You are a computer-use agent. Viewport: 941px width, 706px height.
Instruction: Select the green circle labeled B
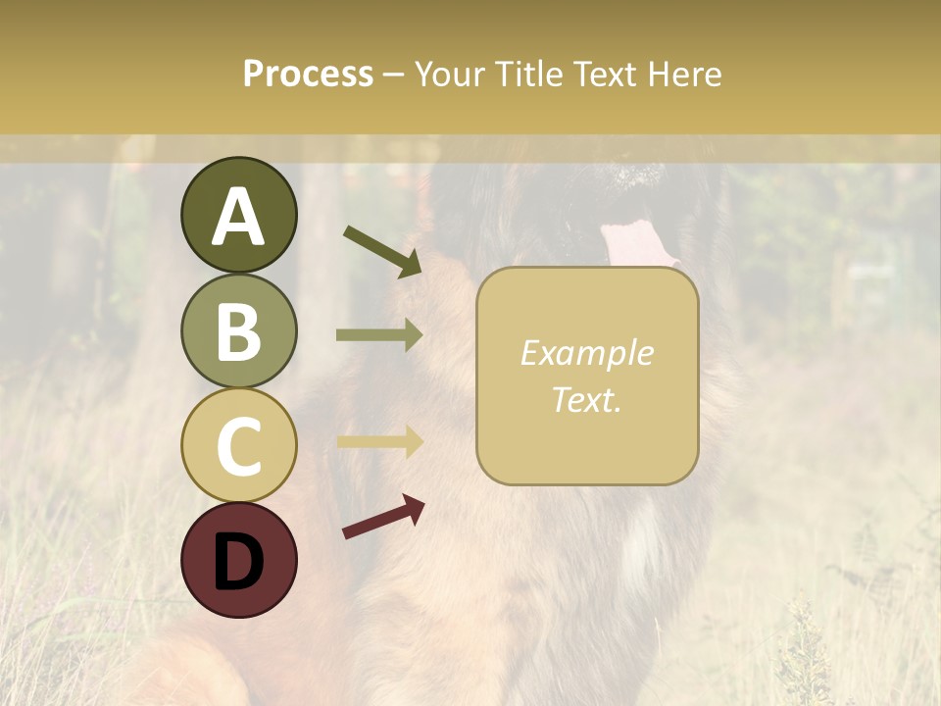click(x=238, y=330)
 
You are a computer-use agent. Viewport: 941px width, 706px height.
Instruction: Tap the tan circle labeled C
click(x=238, y=446)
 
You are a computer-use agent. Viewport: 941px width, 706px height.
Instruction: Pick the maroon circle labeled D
click(x=238, y=560)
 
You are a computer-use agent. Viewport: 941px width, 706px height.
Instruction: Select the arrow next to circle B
click(x=379, y=335)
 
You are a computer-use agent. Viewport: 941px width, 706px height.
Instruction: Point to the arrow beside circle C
click(x=379, y=442)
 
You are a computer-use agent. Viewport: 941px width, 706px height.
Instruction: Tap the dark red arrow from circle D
click(x=383, y=517)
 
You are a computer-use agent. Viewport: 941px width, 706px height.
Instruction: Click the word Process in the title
click(x=308, y=75)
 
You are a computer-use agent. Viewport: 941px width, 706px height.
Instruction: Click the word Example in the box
click(x=586, y=353)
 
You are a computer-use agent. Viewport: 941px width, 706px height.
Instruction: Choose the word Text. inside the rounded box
click(x=586, y=399)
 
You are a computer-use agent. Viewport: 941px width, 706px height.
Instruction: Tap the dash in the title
click(x=394, y=76)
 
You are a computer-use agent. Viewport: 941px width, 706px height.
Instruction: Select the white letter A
click(x=238, y=216)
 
